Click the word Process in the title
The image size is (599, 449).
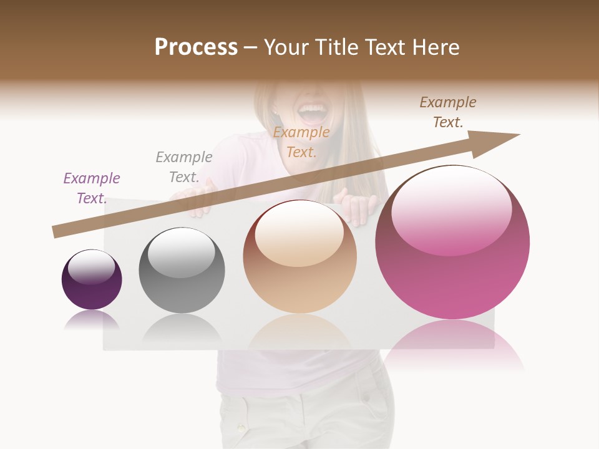pos(196,47)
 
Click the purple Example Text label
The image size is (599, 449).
pos(92,188)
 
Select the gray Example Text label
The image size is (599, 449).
pos(184,167)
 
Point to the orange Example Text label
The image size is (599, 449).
pos(301,142)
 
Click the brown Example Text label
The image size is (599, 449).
pos(448,112)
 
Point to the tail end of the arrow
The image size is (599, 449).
pos(57,232)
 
